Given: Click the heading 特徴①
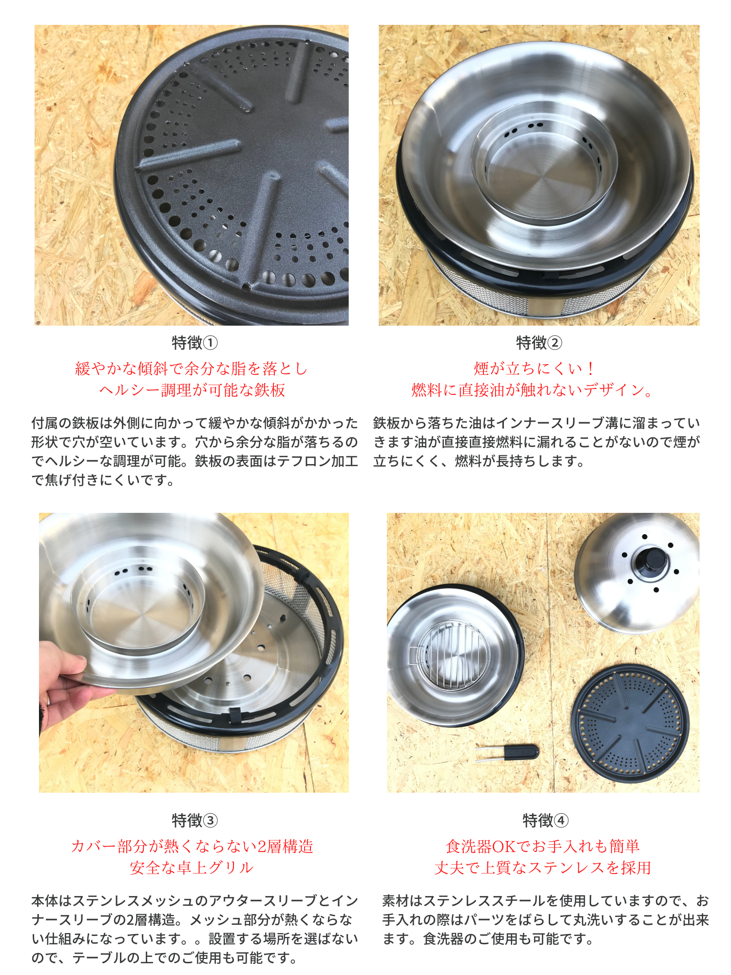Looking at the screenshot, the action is (194, 343).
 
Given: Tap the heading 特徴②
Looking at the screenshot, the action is (539, 343).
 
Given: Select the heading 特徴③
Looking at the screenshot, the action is (194, 821).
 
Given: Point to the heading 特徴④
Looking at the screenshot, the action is (545, 821).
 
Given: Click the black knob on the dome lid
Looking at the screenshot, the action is (651, 563).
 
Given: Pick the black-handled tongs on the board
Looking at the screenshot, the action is (507, 753).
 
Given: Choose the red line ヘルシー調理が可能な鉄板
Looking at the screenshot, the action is (192, 390).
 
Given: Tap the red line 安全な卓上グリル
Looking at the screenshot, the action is (192, 868).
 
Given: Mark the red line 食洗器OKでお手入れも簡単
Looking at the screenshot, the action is (542, 846).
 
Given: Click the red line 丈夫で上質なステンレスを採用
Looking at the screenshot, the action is (542, 868).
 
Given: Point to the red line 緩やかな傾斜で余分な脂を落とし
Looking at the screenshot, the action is (192, 369).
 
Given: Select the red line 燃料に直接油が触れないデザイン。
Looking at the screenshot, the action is (533, 390).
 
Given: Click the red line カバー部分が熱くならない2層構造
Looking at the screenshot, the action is (192, 846).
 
